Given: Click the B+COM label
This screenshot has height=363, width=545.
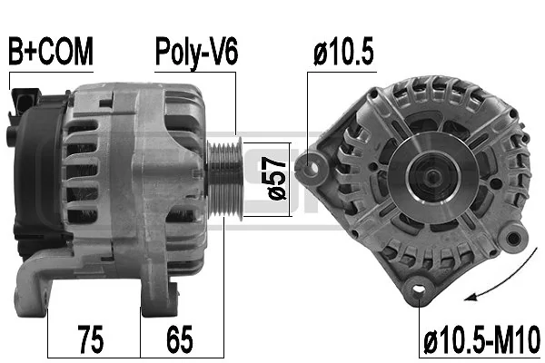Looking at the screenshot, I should tap(51, 53).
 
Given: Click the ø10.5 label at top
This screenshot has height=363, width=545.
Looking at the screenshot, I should tap(343, 53).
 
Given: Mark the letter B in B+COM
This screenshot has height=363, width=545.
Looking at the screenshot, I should tap(15, 53).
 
